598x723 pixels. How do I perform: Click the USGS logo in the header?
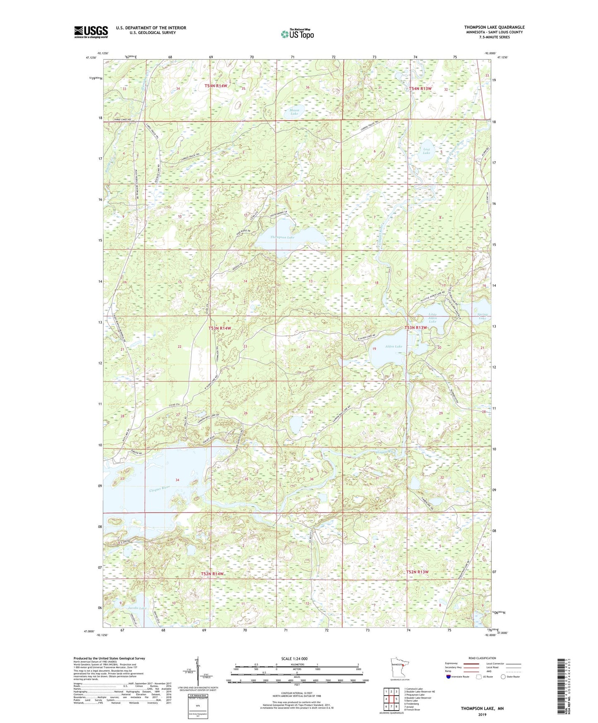(x=91, y=32)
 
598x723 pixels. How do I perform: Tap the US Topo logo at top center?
(x=297, y=34)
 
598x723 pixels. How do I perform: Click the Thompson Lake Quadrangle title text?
(x=494, y=27)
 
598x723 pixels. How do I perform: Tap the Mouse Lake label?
(x=294, y=111)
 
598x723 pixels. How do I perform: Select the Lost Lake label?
(x=426, y=151)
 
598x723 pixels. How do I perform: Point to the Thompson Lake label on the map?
(x=282, y=237)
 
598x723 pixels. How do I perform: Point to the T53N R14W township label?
(x=219, y=328)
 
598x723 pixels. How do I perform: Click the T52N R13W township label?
(x=417, y=572)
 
